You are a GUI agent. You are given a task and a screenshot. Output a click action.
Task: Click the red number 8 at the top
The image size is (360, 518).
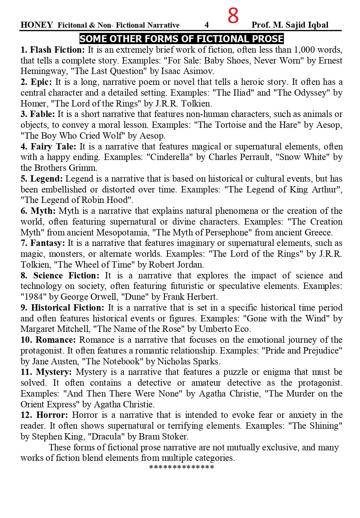click(233, 16)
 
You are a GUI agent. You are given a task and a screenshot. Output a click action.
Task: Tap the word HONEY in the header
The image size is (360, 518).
click(37, 25)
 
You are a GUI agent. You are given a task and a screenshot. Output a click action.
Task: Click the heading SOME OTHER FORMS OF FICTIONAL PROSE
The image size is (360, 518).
click(181, 39)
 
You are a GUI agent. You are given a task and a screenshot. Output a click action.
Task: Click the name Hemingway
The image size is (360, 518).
click(41, 71)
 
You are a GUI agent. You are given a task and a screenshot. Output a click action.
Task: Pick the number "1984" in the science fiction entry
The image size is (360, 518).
click(34, 297)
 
